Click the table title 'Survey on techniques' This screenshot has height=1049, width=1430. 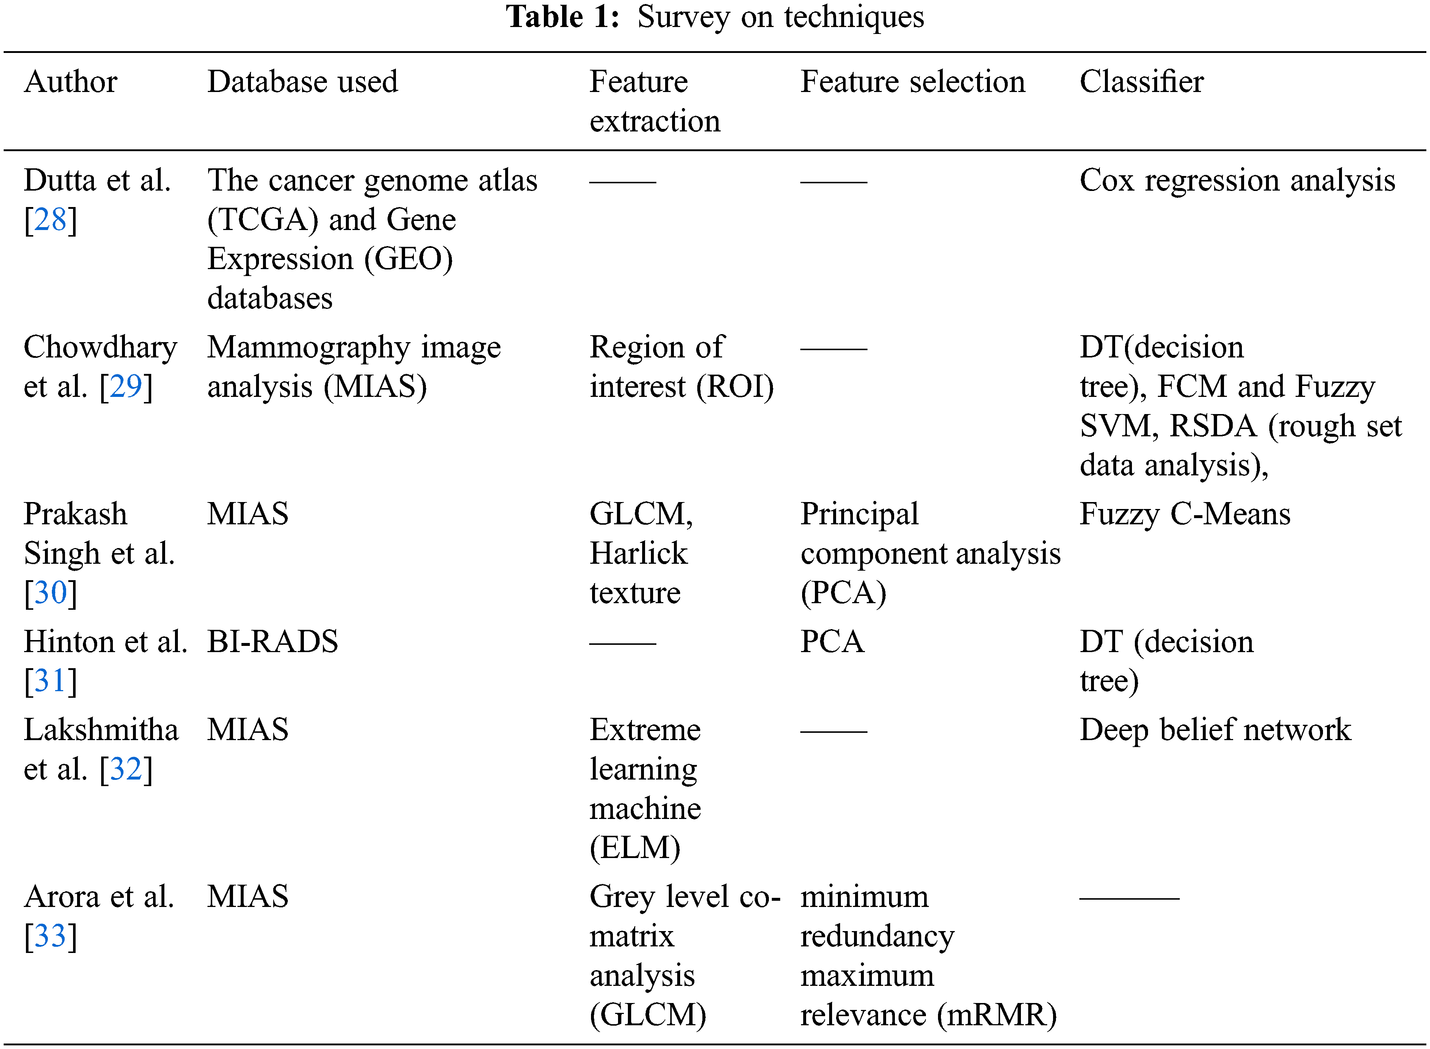click(x=781, y=17)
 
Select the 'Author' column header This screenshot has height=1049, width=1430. click(x=70, y=82)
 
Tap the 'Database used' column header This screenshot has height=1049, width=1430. click(x=302, y=82)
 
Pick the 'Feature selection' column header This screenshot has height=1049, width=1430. click(x=913, y=82)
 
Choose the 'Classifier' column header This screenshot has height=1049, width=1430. click(x=1141, y=82)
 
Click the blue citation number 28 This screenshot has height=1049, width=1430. click(x=50, y=220)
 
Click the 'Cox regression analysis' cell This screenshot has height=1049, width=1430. click(x=1238, y=181)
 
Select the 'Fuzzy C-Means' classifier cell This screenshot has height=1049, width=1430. click(x=1185, y=515)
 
